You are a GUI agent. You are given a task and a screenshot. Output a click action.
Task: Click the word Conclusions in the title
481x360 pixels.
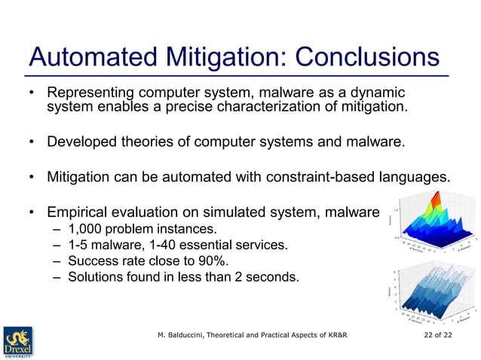click(x=368, y=57)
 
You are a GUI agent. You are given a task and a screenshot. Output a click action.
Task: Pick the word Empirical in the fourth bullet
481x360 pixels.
click(x=78, y=212)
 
